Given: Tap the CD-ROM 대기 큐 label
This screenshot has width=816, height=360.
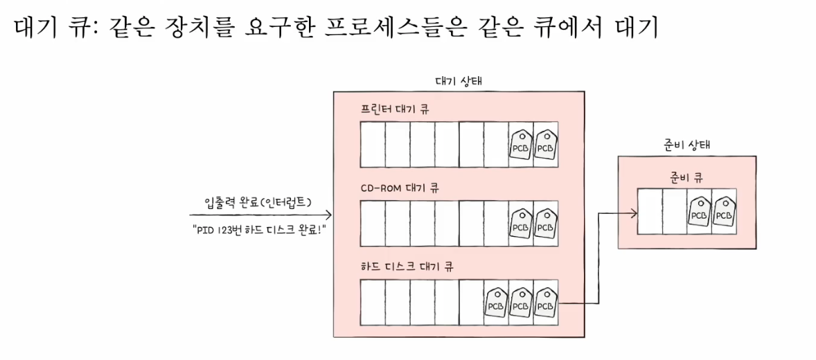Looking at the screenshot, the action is point(400,188).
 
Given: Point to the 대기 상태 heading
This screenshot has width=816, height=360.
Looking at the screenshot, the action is point(459,81).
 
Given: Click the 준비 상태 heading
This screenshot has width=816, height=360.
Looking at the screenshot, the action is point(686,145).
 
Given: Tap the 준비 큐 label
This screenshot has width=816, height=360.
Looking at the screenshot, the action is point(686,177).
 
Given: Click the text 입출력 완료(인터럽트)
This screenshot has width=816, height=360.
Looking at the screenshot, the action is point(256,202).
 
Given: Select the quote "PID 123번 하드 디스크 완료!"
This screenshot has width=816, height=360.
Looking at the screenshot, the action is point(260,228).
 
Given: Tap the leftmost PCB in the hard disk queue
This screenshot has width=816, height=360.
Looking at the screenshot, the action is point(496,302).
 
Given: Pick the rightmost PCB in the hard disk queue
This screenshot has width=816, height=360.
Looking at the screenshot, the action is point(546,302).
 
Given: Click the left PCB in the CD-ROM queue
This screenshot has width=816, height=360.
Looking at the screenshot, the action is point(521,223).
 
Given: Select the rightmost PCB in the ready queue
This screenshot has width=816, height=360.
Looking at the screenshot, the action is point(724,210).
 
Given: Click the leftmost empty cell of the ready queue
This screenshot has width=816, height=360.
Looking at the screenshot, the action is point(650,210).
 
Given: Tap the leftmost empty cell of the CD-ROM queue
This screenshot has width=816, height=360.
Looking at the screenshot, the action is point(373,223).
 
